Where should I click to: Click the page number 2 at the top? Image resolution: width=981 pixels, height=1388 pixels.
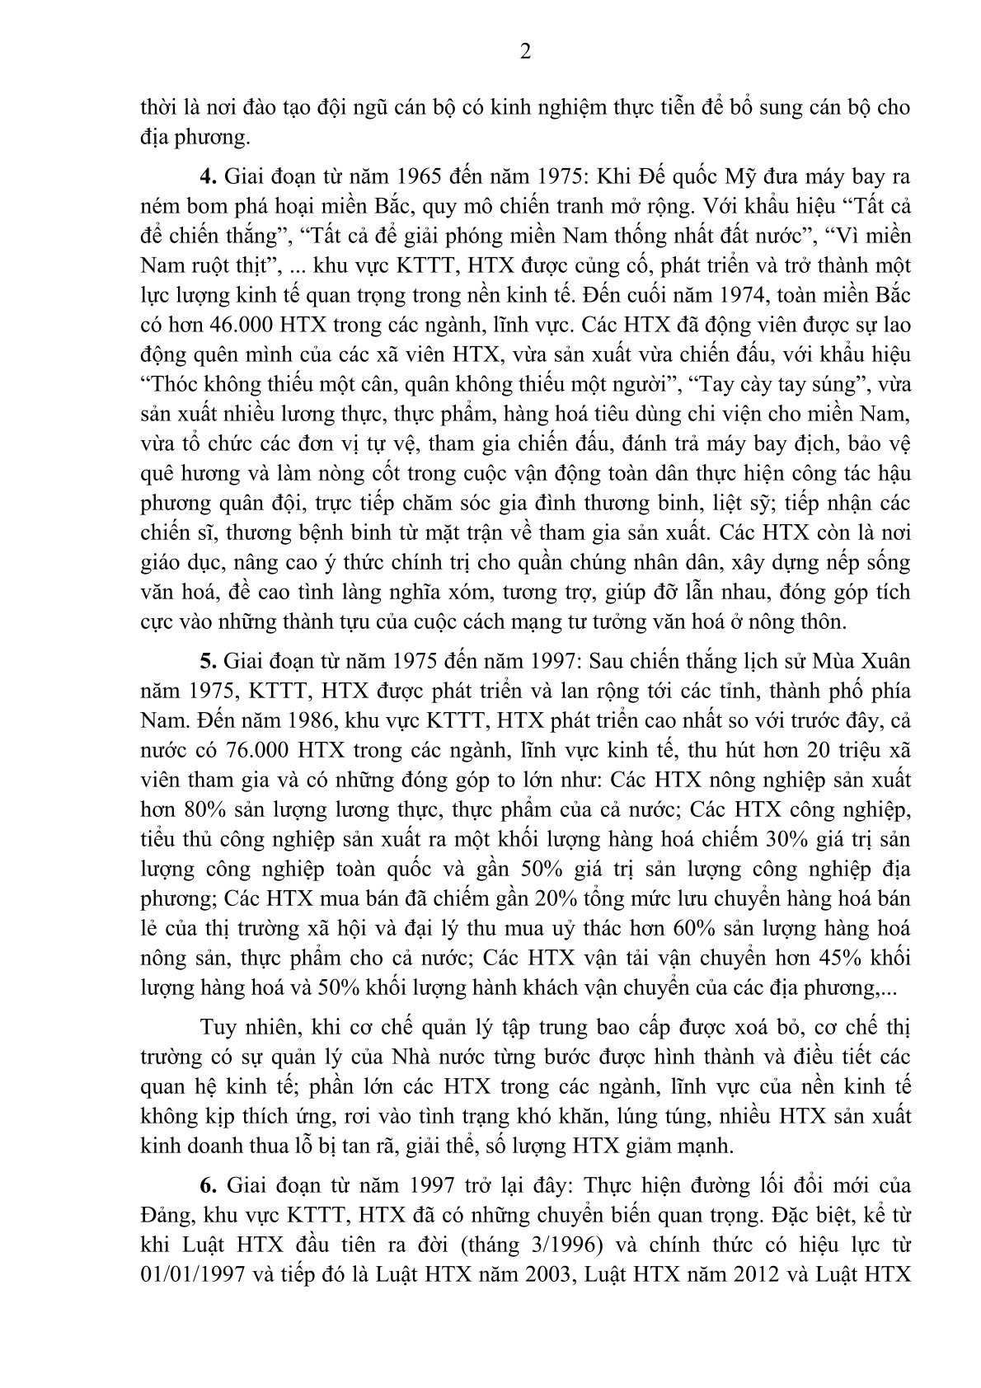click(525, 52)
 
